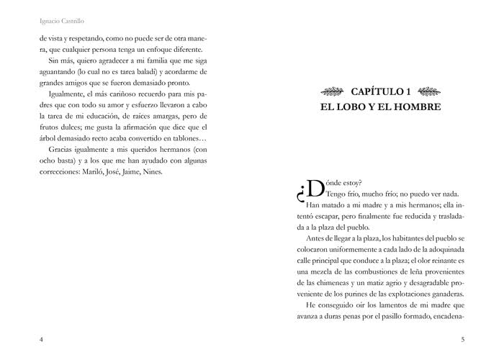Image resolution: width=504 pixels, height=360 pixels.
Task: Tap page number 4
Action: click(x=42, y=340)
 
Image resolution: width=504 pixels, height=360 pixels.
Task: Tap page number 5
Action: click(x=462, y=340)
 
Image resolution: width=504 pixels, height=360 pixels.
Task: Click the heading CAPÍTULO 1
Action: click(x=380, y=91)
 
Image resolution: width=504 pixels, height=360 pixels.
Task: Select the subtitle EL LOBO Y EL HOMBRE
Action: click(x=380, y=107)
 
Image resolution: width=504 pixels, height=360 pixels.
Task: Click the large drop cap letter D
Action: click(x=315, y=189)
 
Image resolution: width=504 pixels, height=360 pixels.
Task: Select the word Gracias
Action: click(x=60, y=149)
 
